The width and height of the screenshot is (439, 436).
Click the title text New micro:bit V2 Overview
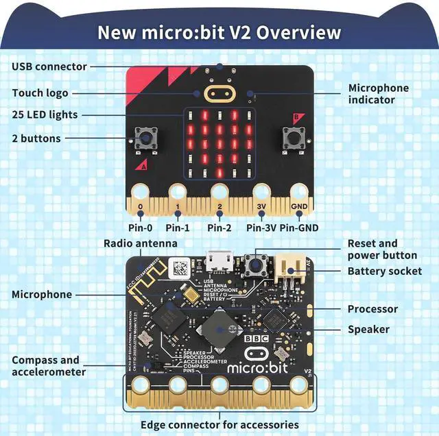tap(219, 32)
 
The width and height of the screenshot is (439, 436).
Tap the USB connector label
tap(49, 66)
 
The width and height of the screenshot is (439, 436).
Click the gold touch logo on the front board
tap(219, 93)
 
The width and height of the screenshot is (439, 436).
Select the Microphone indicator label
tap(378, 94)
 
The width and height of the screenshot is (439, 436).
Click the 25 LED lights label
tap(45, 114)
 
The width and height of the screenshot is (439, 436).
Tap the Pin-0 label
tap(140, 228)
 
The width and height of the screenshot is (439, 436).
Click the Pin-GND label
tap(298, 228)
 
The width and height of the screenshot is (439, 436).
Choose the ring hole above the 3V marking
tap(261, 191)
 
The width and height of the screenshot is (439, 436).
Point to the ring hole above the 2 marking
tap(219, 191)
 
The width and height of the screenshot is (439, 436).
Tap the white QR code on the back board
tap(180, 267)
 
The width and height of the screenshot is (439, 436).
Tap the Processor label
tap(372, 309)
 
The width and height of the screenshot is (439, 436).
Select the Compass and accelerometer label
tap(45, 366)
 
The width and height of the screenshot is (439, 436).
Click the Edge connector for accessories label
tap(219, 424)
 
